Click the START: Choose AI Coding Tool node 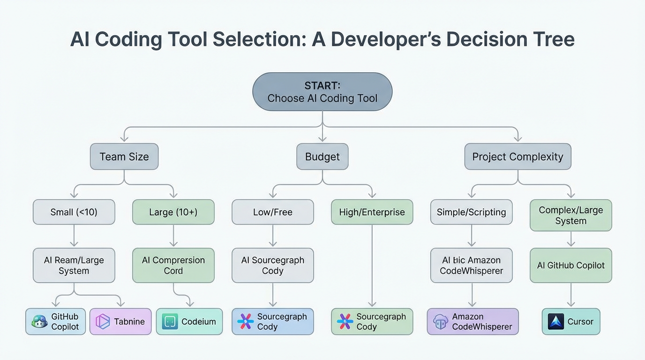tap(322, 92)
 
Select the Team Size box tap(124, 157)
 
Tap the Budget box tap(322, 157)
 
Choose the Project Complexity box tap(517, 157)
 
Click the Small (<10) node tap(74, 212)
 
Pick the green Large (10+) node tap(173, 212)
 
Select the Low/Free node tap(273, 212)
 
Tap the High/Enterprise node tap(372, 212)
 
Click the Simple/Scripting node tap(472, 212)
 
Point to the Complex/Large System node tap(571, 215)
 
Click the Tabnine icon tap(103, 322)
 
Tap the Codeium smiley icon tap(170, 322)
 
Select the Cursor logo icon tap(556, 322)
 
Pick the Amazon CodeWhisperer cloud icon tap(441, 322)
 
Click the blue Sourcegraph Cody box tap(273, 322)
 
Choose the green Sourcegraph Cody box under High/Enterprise tap(372, 322)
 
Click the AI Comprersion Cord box tap(173, 265)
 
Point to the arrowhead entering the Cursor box tap(571, 305)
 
